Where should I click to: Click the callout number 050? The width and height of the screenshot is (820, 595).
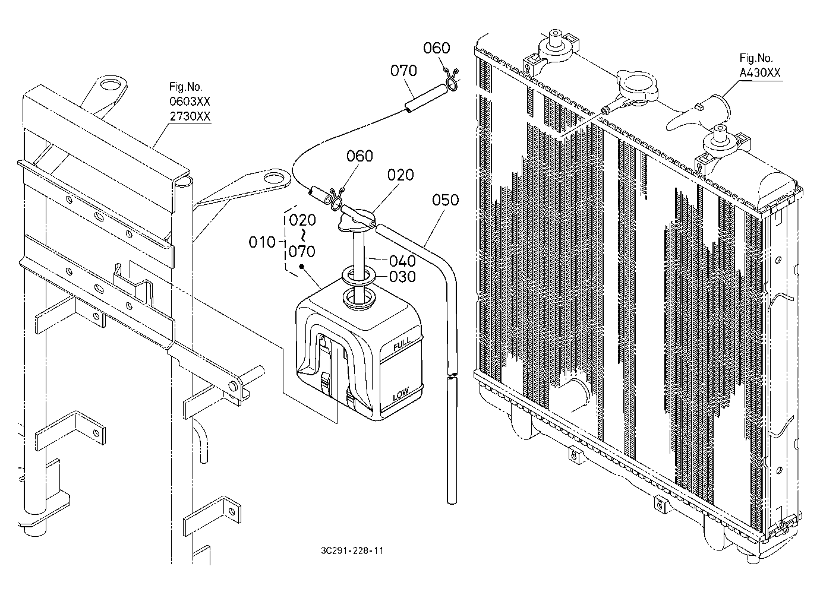click(445, 200)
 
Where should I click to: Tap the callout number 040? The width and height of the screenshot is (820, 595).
click(402, 261)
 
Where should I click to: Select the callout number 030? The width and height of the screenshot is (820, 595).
click(402, 277)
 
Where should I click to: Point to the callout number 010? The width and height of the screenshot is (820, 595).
click(261, 242)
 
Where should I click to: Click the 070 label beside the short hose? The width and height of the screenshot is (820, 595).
click(403, 71)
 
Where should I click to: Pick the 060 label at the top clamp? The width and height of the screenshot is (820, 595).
click(436, 48)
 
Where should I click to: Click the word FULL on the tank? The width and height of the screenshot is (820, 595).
click(402, 344)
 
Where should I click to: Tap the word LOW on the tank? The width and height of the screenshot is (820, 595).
click(401, 394)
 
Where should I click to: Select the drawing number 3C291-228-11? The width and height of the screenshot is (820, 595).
click(352, 550)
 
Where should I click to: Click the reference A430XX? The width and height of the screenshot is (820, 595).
click(760, 72)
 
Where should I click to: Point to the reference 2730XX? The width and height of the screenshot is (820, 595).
click(190, 116)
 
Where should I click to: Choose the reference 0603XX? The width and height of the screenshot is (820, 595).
click(190, 101)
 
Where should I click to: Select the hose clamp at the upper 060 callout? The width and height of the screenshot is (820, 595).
click(452, 78)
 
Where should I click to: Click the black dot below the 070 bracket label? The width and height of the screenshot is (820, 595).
click(301, 267)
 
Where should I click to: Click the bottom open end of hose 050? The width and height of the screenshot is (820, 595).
click(452, 501)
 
